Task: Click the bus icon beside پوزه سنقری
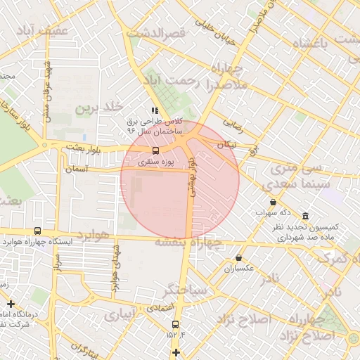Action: (x=155, y=150)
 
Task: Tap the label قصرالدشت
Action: (x=155, y=34)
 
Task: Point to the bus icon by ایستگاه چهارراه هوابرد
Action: (x=37, y=231)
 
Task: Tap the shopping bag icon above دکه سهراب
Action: (x=273, y=202)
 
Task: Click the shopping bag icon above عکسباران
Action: (x=239, y=258)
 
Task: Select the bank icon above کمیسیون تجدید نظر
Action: (x=304, y=217)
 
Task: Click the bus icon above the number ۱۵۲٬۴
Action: (x=175, y=324)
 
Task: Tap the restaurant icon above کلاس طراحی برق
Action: (x=155, y=110)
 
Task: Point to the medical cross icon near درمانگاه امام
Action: (x=10, y=304)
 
